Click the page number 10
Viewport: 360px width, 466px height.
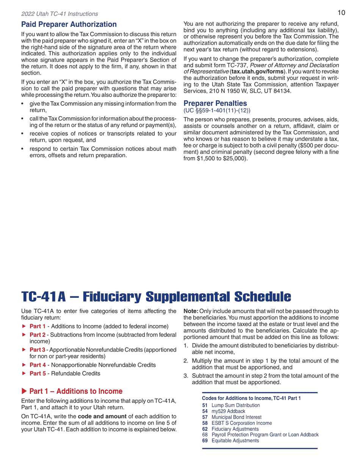[x=341, y=13]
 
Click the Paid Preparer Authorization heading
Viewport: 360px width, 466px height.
[x=69, y=25]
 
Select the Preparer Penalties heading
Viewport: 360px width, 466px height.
[x=215, y=103]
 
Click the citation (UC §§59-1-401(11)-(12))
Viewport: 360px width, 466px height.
[x=217, y=111]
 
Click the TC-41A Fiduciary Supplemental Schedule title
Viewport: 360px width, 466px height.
[x=156, y=297]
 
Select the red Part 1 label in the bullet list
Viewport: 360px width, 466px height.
[x=38, y=326]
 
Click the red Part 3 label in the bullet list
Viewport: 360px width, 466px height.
[x=38, y=350]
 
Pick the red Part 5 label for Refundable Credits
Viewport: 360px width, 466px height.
[x=38, y=374]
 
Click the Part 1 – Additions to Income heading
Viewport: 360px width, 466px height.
[x=75, y=391]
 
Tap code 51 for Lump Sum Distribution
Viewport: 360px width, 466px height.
[x=205, y=405]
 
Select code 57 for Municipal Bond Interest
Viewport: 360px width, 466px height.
[x=205, y=417]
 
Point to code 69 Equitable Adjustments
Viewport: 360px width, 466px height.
[x=235, y=441]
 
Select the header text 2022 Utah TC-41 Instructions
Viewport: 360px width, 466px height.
[x=59, y=14]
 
